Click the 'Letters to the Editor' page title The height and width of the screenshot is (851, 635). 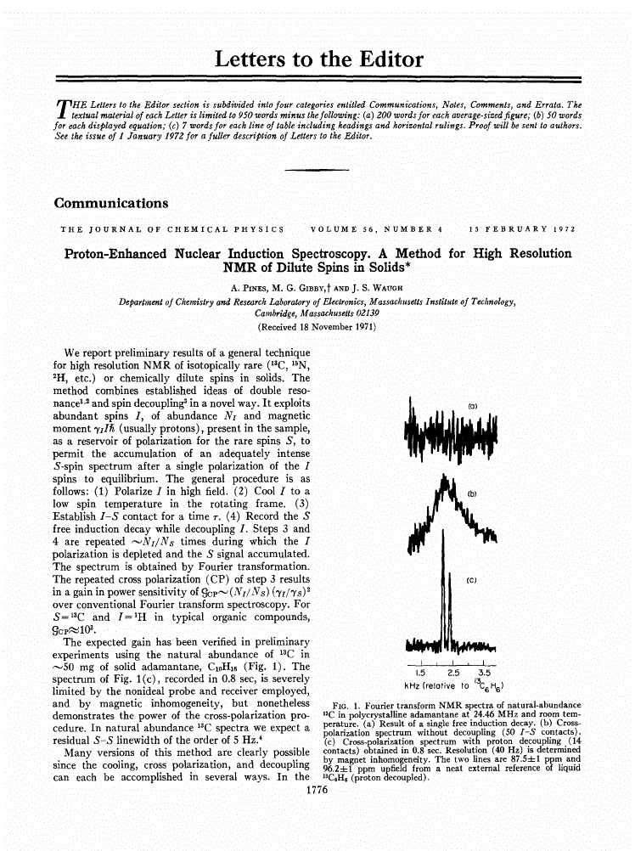click(318, 59)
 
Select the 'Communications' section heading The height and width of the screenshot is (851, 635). click(110, 203)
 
